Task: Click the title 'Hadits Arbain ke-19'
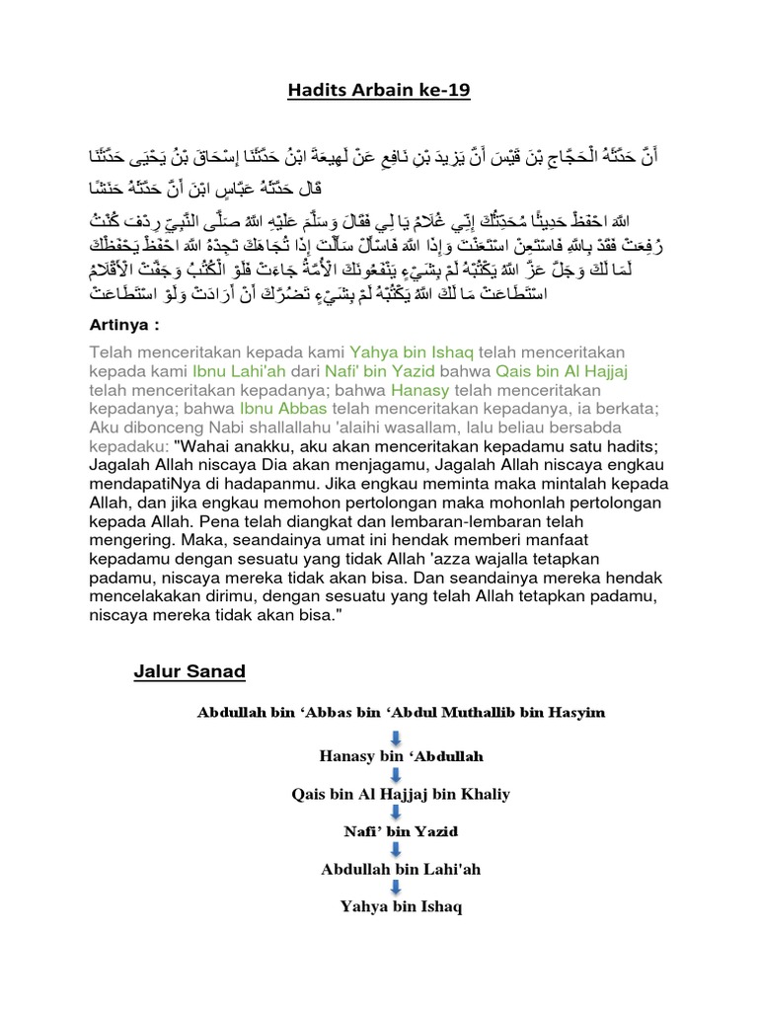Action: pyautogui.click(x=379, y=91)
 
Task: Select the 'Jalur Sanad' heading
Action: pyautogui.click(x=189, y=672)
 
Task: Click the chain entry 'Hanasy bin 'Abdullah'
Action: pyautogui.click(x=393, y=757)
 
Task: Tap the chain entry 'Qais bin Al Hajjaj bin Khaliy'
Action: pyautogui.click(x=393, y=794)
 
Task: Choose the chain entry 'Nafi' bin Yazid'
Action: pyautogui.click(x=393, y=831)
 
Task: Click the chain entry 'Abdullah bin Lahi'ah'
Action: pyautogui.click(x=393, y=869)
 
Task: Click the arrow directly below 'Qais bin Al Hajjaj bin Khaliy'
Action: pyautogui.click(x=393, y=813)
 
